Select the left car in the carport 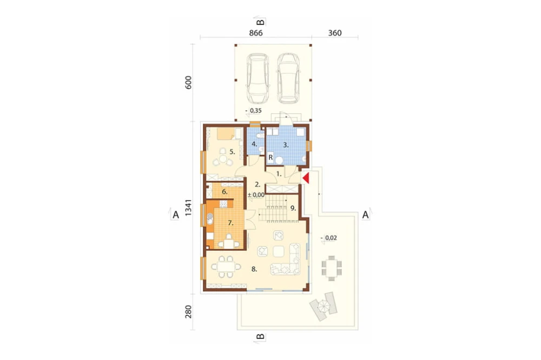(258, 78)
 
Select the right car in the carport (288, 78)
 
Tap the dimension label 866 (256, 33)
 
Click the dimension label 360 (335, 33)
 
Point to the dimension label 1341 (188, 208)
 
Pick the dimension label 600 (188, 82)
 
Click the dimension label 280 (188, 311)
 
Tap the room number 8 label (254, 269)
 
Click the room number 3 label (286, 145)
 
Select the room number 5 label (232, 151)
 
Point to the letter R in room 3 (271, 158)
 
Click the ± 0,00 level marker (256, 195)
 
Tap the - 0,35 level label (253, 111)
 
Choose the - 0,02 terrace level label (329, 238)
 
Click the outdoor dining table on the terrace (332, 268)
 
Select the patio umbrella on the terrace (324, 306)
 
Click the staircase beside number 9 (275, 208)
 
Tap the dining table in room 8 (226, 266)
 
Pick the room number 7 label (230, 223)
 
